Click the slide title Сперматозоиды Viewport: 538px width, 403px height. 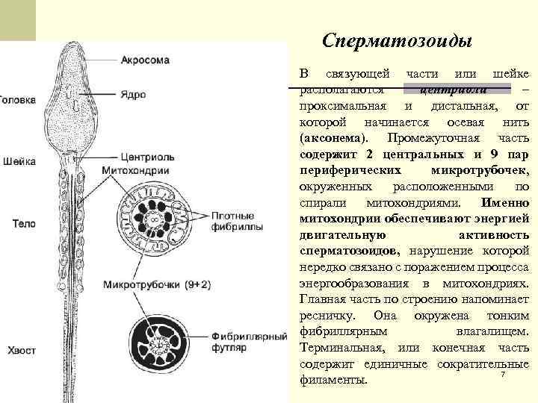click(x=397, y=41)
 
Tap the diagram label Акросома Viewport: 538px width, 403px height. click(x=145, y=60)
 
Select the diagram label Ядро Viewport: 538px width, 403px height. click(x=134, y=95)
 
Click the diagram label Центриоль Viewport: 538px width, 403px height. click(x=147, y=158)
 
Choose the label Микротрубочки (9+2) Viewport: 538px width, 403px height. click(x=157, y=284)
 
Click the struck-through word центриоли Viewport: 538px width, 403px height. click(x=454, y=90)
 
